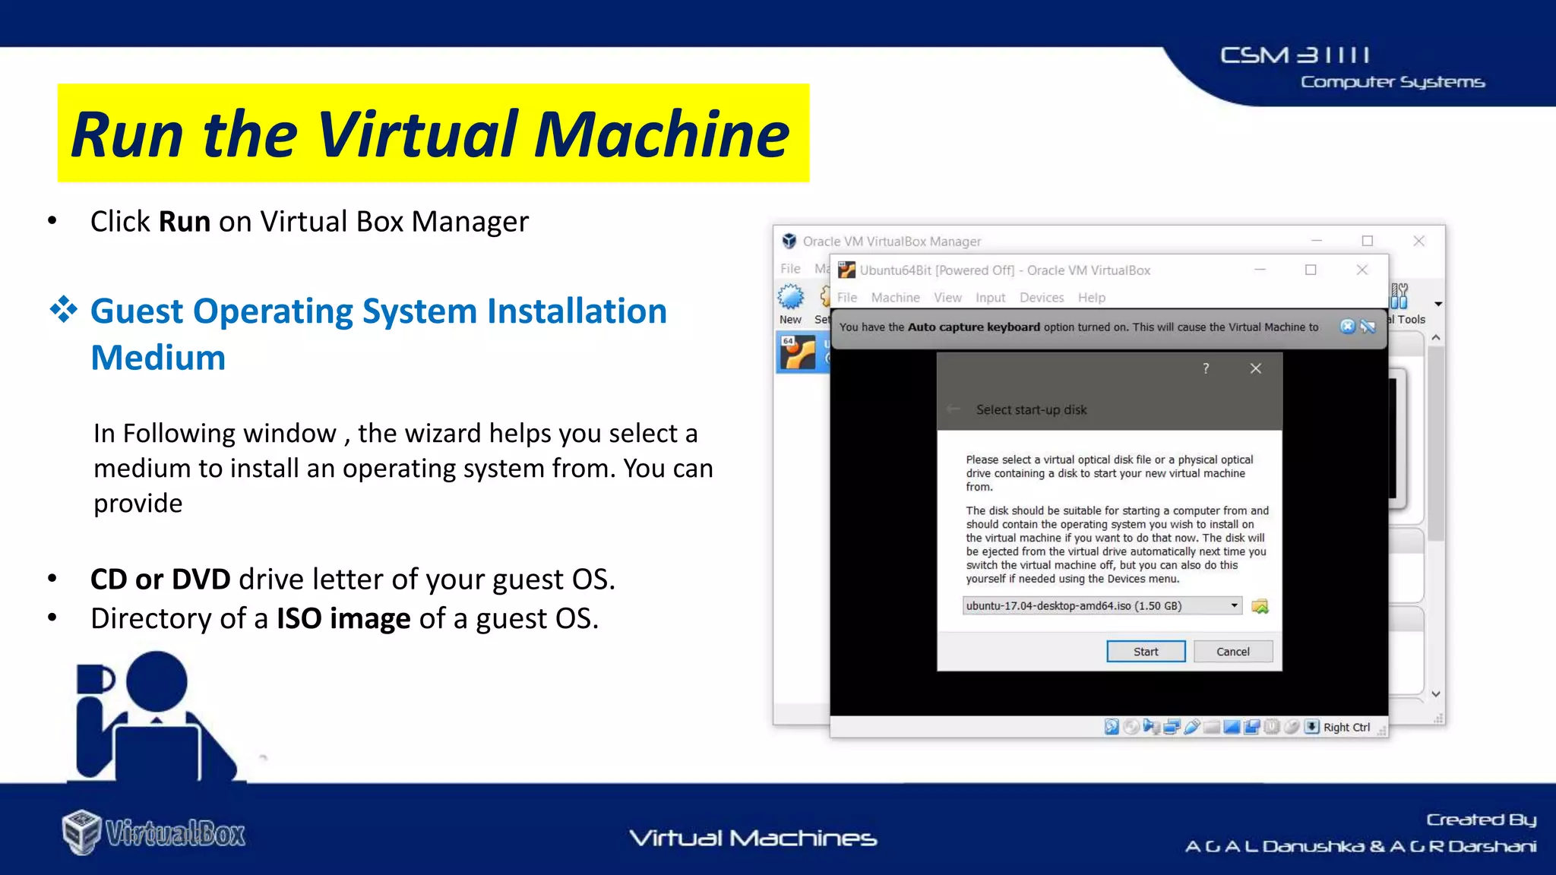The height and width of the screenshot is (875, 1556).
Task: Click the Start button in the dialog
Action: point(1145,652)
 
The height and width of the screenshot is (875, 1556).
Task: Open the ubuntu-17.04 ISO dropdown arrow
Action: point(1234,605)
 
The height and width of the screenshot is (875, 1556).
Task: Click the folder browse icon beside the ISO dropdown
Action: point(1260,606)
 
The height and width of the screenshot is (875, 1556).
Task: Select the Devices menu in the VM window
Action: point(1041,298)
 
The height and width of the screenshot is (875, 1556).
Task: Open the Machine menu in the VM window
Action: point(895,298)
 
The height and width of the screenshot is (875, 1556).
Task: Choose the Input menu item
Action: point(990,298)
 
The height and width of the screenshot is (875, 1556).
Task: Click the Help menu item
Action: point(1091,298)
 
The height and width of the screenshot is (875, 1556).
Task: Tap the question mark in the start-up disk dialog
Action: point(1206,368)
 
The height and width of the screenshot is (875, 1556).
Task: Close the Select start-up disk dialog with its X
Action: point(1256,368)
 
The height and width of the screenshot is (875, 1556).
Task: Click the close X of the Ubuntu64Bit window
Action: point(1362,270)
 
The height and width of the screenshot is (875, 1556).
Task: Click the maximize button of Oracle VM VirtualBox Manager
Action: point(1368,241)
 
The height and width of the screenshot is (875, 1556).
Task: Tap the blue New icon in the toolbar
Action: point(790,297)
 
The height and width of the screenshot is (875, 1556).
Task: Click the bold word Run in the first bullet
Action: point(184,222)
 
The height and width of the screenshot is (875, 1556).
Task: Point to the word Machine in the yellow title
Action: point(661,134)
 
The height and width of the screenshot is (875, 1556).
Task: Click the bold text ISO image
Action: point(343,619)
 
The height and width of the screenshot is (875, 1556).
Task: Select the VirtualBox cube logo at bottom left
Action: point(81,832)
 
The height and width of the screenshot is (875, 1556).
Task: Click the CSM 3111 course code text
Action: point(1295,55)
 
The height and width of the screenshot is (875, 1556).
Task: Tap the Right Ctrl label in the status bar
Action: point(1346,728)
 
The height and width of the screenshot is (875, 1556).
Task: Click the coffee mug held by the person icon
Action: point(94,679)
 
